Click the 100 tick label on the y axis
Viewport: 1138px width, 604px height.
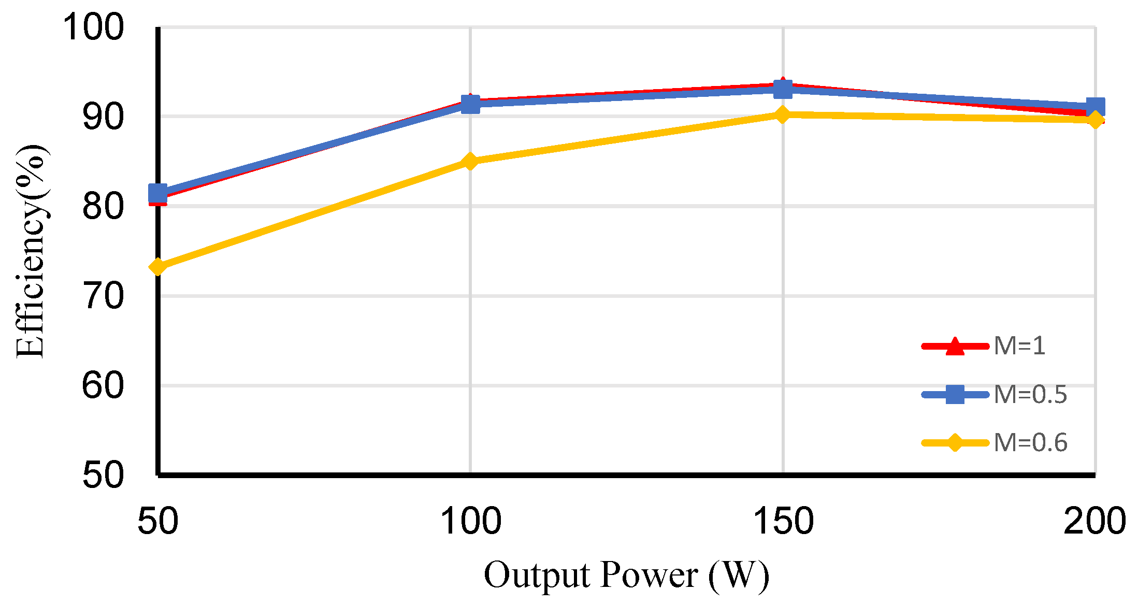pyautogui.click(x=93, y=27)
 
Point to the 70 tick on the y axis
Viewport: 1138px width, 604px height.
pyautogui.click(x=103, y=296)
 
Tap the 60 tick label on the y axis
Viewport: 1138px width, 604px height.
pyautogui.click(x=103, y=386)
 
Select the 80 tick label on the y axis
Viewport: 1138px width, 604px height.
pyautogui.click(x=103, y=206)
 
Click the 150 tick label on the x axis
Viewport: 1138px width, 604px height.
pyautogui.click(x=783, y=521)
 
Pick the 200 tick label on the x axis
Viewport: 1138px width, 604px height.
pyautogui.click(x=1094, y=521)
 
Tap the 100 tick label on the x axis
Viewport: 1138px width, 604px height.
pyautogui.click(x=470, y=521)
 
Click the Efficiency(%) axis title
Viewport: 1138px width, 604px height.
pyautogui.click(x=31, y=251)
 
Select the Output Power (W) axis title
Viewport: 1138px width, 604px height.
pyautogui.click(x=626, y=575)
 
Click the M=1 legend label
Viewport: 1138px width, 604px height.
pyautogui.click(x=1019, y=346)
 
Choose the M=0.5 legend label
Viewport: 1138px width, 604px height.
pyautogui.click(x=1030, y=395)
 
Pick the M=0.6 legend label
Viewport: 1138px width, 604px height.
pyautogui.click(x=1030, y=443)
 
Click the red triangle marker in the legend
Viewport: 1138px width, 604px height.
pyautogui.click(x=955, y=346)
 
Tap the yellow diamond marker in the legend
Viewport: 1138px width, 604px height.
pyautogui.click(x=955, y=443)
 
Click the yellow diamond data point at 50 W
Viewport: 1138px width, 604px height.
pyautogui.click(x=158, y=267)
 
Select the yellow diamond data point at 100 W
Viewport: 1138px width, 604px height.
pyautogui.click(x=470, y=162)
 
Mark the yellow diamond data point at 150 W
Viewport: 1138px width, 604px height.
pyautogui.click(x=783, y=114)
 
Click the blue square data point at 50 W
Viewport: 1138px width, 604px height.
pyautogui.click(x=158, y=193)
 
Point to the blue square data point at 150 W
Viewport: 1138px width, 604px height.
pyautogui.click(x=783, y=89)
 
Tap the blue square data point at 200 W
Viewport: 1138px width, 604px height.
pyautogui.click(x=1095, y=107)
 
